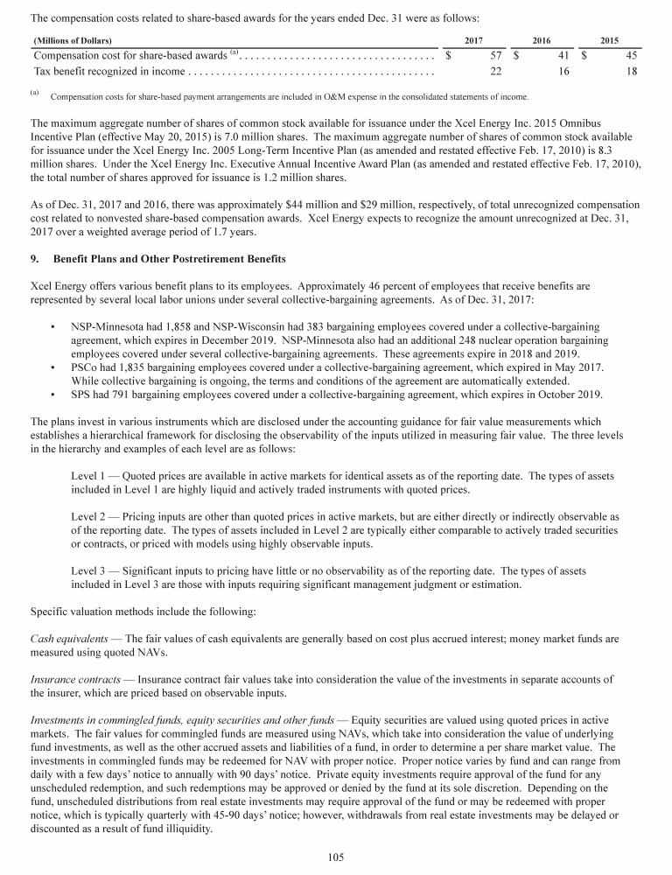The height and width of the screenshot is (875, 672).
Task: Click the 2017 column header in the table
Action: pos(473,40)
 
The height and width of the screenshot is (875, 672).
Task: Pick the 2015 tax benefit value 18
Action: pos(631,71)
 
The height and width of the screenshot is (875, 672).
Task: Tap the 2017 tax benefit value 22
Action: pos(495,71)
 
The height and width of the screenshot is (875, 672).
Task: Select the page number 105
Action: pos(336,857)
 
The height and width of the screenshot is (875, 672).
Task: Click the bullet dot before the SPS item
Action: pos(55,395)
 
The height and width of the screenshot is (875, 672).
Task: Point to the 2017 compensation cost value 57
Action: pos(495,56)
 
